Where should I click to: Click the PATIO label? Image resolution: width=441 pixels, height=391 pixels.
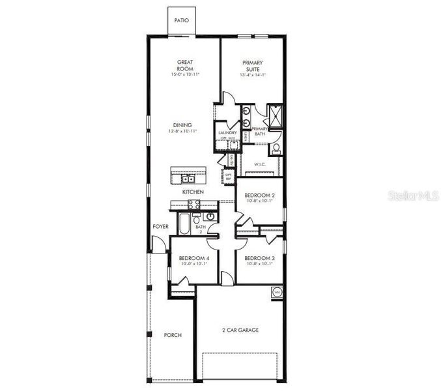[x=182, y=21]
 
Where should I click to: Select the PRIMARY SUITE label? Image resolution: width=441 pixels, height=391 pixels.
[x=253, y=66]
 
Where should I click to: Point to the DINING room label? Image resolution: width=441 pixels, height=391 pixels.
[x=182, y=125]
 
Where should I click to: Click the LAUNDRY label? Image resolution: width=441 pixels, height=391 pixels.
[x=227, y=132]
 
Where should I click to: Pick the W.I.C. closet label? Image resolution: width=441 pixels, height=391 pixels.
[x=258, y=164]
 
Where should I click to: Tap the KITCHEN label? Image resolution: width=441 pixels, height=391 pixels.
[x=193, y=192]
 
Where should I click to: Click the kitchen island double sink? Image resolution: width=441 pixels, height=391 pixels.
[x=188, y=178]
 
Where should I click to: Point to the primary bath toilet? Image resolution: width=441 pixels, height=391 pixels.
[x=276, y=149]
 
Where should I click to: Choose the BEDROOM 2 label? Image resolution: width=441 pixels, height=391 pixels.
[x=259, y=195]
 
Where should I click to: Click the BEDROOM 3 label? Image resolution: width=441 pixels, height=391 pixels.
[x=259, y=258]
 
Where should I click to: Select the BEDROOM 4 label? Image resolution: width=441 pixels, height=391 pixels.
[x=194, y=258]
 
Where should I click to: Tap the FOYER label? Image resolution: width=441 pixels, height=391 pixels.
[x=160, y=227]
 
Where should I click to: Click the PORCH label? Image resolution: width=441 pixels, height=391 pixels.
[x=173, y=335]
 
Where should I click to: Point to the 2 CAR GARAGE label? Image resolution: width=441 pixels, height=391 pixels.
[x=240, y=330]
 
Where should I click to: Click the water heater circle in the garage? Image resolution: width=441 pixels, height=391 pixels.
[x=276, y=293]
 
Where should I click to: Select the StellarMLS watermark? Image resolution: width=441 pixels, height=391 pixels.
[x=414, y=194]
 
